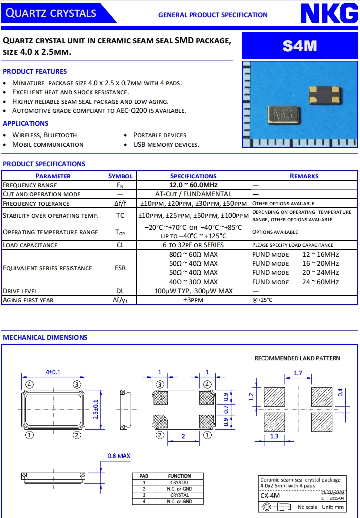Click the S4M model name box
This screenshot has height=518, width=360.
click(x=300, y=46)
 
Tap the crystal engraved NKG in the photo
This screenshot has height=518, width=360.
click(x=283, y=115)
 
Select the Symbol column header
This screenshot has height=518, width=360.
click(x=120, y=176)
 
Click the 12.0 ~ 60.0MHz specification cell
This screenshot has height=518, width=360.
click(x=193, y=185)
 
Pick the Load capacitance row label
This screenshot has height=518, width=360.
click(x=30, y=245)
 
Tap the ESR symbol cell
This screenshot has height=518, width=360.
click(x=120, y=268)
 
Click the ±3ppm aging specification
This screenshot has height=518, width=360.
click(x=193, y=300)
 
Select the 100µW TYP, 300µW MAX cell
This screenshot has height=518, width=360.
click(x=193, y=291)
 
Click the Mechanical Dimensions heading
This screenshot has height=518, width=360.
click(x=45, y=337)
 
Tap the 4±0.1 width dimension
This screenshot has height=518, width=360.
click(x=53, y=372)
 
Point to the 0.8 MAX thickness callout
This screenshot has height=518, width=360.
click(x=119, y=456)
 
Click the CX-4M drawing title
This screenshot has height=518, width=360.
click(x=270, y=496)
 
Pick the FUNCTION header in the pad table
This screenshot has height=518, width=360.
click(x=179, y=476)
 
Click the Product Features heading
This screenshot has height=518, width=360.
click(x=35, y=71)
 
